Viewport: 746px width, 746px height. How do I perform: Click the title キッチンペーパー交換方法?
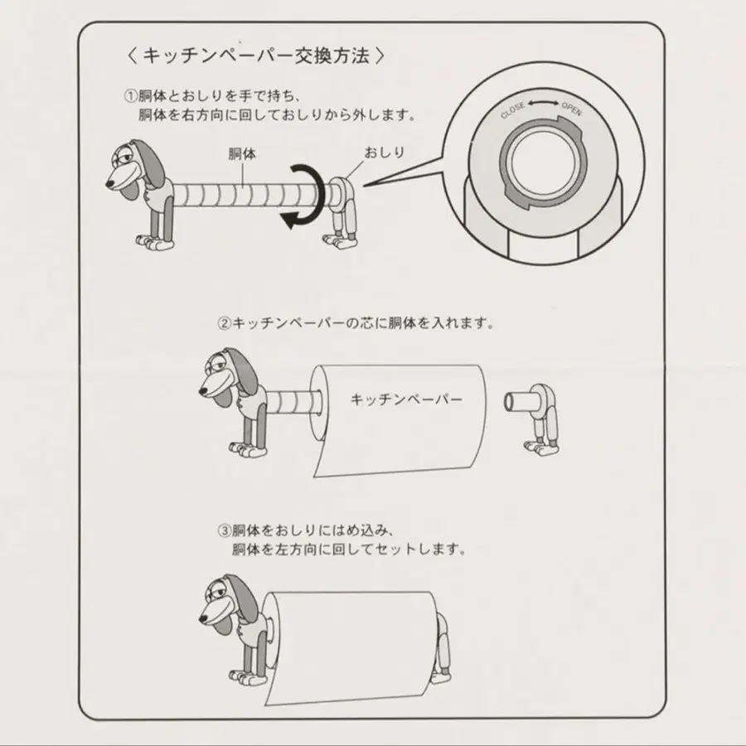point(256,56)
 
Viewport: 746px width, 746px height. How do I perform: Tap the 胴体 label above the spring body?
point(242,153)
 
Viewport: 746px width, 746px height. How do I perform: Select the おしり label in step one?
point(385,153)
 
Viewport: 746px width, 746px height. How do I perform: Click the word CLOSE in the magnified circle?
point(513,110)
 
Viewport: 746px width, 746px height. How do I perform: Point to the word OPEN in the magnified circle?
point(571,109)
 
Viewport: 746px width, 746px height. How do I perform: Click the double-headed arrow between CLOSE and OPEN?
point(543,103)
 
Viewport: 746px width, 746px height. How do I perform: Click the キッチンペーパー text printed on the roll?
point(406,399)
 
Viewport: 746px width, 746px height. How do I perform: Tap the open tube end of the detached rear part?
point(508,403)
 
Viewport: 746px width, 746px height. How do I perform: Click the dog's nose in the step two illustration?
point(203,391)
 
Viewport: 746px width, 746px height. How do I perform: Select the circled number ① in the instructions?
point(130,97)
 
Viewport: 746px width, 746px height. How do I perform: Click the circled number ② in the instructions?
point(224,323)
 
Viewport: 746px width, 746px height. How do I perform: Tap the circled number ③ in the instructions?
point(224,530)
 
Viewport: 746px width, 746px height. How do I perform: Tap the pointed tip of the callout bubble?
point(365,186)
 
